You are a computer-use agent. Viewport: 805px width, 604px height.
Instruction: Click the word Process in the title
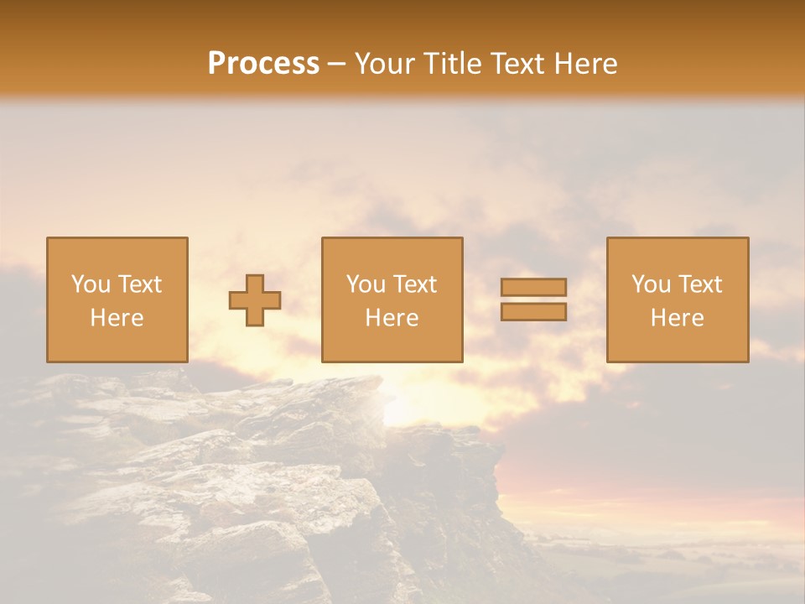(263, 64)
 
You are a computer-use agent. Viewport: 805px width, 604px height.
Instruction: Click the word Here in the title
(589, 64)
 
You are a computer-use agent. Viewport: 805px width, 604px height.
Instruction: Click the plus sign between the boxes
(255, 299)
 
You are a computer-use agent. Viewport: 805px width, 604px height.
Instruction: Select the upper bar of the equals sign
(533, 287)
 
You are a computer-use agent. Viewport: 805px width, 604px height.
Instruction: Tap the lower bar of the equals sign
(533, 312)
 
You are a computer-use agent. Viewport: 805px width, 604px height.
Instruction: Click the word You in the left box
(91, 284)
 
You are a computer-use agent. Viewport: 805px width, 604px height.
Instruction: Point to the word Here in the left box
(117, 318)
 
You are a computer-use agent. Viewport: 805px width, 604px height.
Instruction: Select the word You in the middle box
(366, 284)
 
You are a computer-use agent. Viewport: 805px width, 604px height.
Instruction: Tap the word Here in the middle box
(392, 318)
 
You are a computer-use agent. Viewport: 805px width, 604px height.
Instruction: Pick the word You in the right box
(651, 284)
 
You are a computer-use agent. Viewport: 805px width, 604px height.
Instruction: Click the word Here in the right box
(677, 318)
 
